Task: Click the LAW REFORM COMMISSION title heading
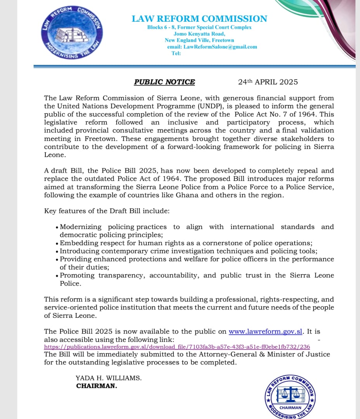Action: point(199,19)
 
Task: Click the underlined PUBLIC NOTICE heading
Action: point(164,82)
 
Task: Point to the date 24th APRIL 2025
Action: point(268,82)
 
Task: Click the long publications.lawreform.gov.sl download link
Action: point(177,347)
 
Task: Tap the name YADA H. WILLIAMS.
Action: point(108,378)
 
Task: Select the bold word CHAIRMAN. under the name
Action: point(97,386)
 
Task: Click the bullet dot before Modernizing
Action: point(57,227)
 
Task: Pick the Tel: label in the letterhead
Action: point(176,53)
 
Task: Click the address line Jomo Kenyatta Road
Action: point(199,34)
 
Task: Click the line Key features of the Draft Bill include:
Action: point(107,211)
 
